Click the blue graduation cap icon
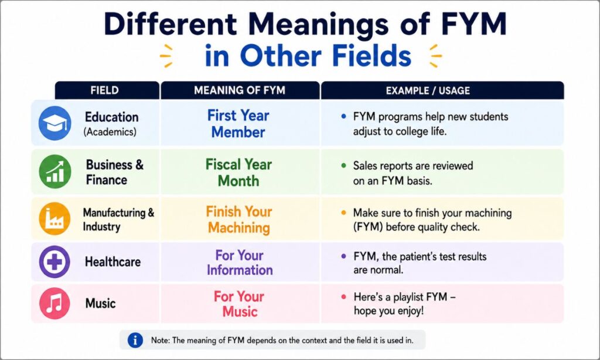[54, 123]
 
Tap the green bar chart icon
[54, 172]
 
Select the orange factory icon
[54, 219]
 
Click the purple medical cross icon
[54, 262]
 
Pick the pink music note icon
[54, 303]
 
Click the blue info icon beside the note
[135, 339]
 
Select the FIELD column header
[104, 90]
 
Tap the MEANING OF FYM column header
[240, 90]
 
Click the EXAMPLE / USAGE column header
[428, 90]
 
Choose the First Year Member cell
[238, 124]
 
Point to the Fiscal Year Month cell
[239, 172]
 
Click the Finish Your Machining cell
[239, 219]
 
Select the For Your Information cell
[240, 263]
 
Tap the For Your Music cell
[239, 304]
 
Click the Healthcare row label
[113, 262]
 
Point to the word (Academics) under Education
[110, 132]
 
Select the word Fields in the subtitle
[371, 56]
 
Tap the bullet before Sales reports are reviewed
[343, 165]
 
